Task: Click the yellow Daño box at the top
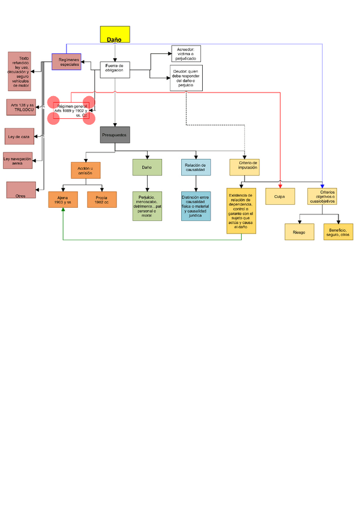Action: (x=114, y=35)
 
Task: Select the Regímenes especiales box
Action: (x=66, y=62)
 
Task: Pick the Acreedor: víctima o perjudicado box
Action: (x=186, y=53)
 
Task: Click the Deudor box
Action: (x=186, y=78)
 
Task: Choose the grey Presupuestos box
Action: (x=115, y=135)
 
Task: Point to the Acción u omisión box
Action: (x=85, y=170)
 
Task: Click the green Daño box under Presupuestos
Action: (x=147, y=167)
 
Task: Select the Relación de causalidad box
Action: (x=196, y=167)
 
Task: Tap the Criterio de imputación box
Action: (x=244, y=166)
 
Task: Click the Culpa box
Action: (x=280, y=197)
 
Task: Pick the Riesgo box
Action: (x=299, y=232)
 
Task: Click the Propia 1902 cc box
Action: (x=101, y=199)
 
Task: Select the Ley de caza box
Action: (x=19, y=137)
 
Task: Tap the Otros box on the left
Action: (x=20, y=190)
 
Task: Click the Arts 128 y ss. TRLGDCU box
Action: (x=22, y=107)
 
